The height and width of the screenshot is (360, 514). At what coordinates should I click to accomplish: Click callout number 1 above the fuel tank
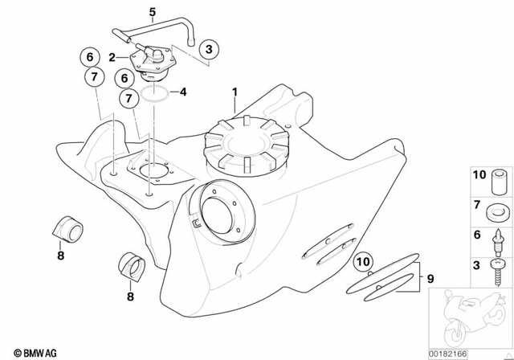[x=235, y=93]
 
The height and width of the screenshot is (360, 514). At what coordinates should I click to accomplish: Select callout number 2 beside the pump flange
[x=114, y=57]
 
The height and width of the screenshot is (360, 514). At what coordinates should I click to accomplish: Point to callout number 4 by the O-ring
[x=183, y=92]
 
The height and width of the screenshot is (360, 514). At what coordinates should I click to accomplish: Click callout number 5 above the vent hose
[x=151, y=11]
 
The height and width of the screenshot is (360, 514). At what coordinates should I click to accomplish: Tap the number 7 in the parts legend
[x=477, y=206]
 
